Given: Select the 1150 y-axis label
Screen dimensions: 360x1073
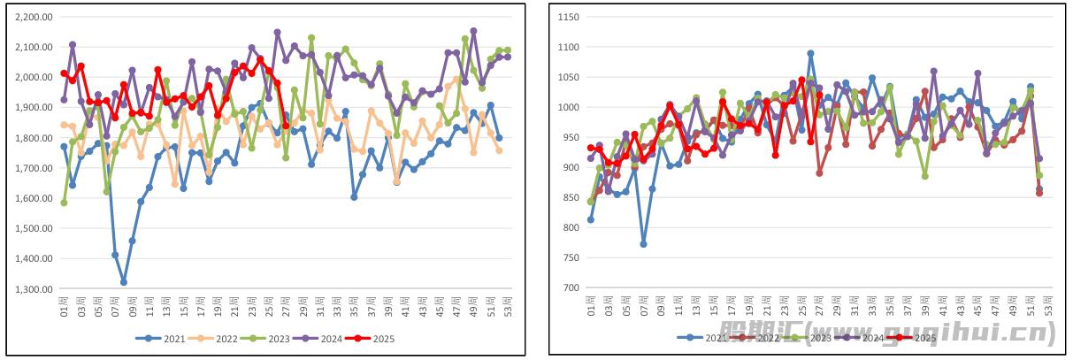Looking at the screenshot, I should (x=568, y=17).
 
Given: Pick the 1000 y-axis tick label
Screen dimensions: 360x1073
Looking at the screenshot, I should (x=568, y=107).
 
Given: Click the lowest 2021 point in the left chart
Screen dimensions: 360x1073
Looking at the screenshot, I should (x=124, y=282).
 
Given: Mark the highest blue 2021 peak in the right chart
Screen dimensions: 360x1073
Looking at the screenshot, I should (x=810, y=53).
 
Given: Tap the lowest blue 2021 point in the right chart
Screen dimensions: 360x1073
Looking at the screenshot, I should (x=643, y=244).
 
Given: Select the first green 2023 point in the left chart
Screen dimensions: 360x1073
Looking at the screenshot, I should (x=64, y=203).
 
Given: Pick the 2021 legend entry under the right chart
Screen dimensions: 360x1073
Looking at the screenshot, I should (x=698, y=337).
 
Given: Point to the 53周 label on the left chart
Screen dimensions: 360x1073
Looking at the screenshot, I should (x=508, y=304).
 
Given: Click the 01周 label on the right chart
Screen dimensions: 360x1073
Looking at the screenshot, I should (x=591, y=305).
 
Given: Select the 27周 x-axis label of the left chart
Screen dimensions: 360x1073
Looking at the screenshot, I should (x=286, y=304).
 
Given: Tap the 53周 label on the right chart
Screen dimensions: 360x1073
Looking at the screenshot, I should (x=1048, y=305).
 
